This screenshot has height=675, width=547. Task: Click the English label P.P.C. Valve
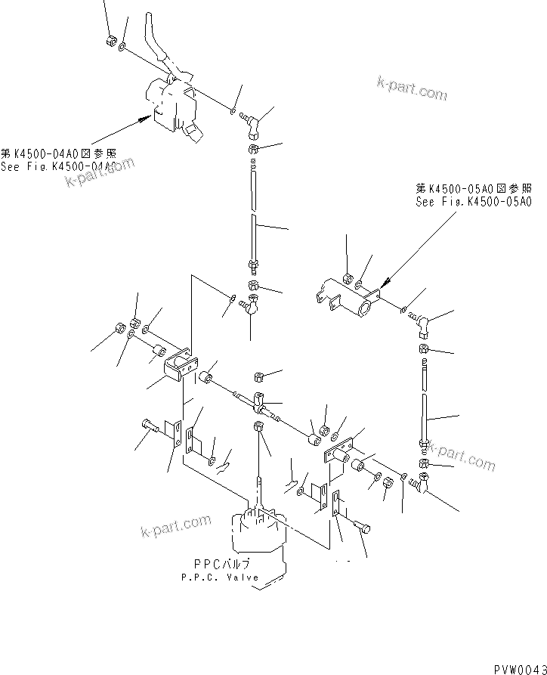[220, 577]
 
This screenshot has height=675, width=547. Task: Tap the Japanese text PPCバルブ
[220, 564]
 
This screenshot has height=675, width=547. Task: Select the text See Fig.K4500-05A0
[474, 202]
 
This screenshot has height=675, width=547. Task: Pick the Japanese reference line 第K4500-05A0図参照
[474, 188]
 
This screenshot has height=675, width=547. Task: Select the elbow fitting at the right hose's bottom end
[422, 486]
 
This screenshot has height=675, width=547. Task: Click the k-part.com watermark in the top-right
[413, 88]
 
